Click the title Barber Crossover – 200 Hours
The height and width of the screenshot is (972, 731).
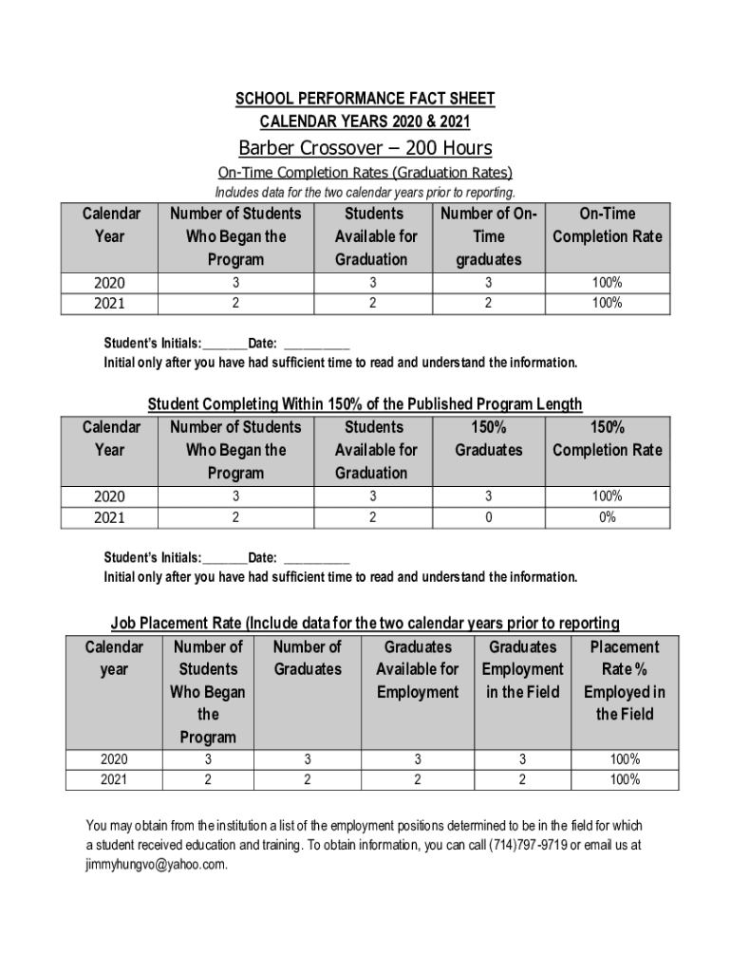click(365, 148)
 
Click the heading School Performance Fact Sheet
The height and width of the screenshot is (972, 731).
click(365, 99)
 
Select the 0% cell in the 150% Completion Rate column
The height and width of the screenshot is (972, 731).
click(608, 517)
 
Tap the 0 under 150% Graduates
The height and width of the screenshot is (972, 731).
click(488, 517)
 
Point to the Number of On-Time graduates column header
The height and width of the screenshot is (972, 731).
click(488, 236)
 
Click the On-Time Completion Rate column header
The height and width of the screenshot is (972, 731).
click(608, 225)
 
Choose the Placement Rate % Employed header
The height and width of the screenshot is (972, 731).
click(625, 681)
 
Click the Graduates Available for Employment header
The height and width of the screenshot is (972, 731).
click(417, 669)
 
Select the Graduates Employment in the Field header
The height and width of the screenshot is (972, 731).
click(522, 669)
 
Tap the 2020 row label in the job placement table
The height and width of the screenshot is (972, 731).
click(114, 759)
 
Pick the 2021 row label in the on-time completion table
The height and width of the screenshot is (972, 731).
click(110, 304)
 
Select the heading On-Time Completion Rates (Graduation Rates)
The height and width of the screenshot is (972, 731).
click(365, 173)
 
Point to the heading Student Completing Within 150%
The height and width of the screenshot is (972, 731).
click(365, 404)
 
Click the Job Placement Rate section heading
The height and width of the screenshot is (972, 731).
click(365, 623)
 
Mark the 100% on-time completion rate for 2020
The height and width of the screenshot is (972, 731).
click(608, 283)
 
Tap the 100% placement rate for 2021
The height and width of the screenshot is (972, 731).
click(625, 780)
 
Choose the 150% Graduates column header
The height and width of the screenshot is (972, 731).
click(488, 439)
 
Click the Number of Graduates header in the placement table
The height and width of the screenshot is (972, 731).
click(308, 658)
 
